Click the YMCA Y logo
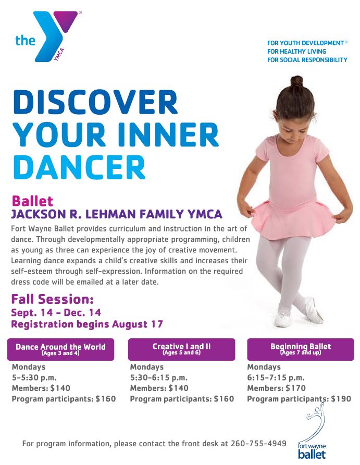tap(49, 35)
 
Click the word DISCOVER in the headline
tap(95, 102)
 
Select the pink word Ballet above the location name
tap(32, 201)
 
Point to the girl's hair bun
tap(296, 81)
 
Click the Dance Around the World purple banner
tap(60, 349)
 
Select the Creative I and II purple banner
tap(181, 349)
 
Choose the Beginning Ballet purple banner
tap(301, 349)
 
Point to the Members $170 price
tap(277, 388)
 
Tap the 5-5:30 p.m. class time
tap(34, 377)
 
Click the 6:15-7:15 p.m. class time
tap(276, 377)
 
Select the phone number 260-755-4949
tap(258, 443)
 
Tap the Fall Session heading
tap(53, 299)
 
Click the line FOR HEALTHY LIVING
tap(296, 51)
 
